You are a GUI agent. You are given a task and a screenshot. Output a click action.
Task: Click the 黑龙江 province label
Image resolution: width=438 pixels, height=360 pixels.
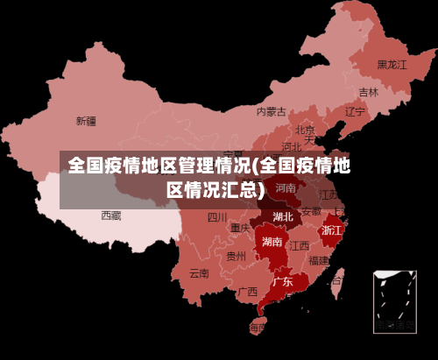[392, 64]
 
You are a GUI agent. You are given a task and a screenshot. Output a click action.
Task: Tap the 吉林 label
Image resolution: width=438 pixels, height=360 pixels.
[369, 92]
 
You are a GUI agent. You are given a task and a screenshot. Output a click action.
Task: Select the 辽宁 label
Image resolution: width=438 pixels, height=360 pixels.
[355, 111]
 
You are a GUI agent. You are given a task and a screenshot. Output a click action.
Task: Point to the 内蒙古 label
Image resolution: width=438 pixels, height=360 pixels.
[272, 111]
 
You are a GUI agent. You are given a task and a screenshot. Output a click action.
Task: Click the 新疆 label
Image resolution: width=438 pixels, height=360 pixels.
[86, 120]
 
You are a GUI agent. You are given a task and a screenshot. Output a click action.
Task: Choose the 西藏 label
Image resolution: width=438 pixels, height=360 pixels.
[111, 215]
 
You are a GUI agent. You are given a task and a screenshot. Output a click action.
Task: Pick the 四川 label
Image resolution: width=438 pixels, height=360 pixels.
[217, 216]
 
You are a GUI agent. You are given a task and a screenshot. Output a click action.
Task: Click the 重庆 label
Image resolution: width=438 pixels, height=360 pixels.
[241, 228]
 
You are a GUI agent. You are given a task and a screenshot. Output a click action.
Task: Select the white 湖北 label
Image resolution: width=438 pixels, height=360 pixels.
[282, 216]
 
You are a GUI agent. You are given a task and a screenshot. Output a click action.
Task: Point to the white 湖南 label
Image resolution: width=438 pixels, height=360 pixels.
[272, 242]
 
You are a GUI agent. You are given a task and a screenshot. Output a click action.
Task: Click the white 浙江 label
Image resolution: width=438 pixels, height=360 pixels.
[332, 229]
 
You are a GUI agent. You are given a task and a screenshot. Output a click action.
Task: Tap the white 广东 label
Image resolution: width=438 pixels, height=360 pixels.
[282, 282]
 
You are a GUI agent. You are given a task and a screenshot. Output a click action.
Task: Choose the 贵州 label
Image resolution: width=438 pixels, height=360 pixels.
[236, 257]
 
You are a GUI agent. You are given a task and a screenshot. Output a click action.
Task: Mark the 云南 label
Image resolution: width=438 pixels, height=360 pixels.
[200, 273]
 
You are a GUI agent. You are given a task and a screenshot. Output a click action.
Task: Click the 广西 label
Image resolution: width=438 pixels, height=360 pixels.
[248, 292]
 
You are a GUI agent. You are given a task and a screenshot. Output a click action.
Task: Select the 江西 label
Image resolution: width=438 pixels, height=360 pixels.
[300, 245]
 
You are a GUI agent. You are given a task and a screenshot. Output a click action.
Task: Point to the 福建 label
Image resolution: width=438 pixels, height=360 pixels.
[318, 260]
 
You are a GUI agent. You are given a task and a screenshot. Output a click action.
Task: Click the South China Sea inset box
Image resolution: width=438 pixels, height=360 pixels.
[394, 301]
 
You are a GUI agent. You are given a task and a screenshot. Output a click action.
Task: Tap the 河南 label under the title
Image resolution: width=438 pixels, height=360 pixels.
[286, 187]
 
